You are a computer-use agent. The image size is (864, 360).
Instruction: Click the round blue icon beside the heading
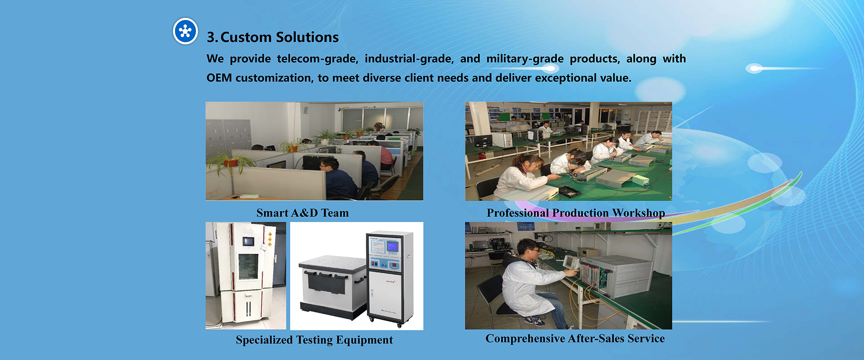pos(185,31)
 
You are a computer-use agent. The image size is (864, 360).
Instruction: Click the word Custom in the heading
pos(246,37)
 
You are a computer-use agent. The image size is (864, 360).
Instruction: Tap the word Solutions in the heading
pos(307,37)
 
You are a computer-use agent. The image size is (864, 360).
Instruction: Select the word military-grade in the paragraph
pos(525,59)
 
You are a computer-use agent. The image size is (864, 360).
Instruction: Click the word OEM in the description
pos(219,78)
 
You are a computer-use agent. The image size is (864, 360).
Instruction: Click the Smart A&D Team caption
pos(302,213)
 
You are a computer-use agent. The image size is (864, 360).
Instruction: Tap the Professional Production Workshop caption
pos(576,213)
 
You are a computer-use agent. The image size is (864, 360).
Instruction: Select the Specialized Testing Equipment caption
pos(314,340)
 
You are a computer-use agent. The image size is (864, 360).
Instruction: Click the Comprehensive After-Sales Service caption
pos(575,338)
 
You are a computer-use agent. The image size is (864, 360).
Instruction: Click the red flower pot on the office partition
pos(231,162)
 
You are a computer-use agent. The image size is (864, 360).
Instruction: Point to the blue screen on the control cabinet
pos(392,247)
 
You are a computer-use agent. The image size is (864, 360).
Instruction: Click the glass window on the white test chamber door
pos(248,266)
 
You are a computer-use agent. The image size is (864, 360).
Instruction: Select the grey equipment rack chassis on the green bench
pos(616,275)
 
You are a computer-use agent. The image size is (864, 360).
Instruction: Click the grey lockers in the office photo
pos(228,135)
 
